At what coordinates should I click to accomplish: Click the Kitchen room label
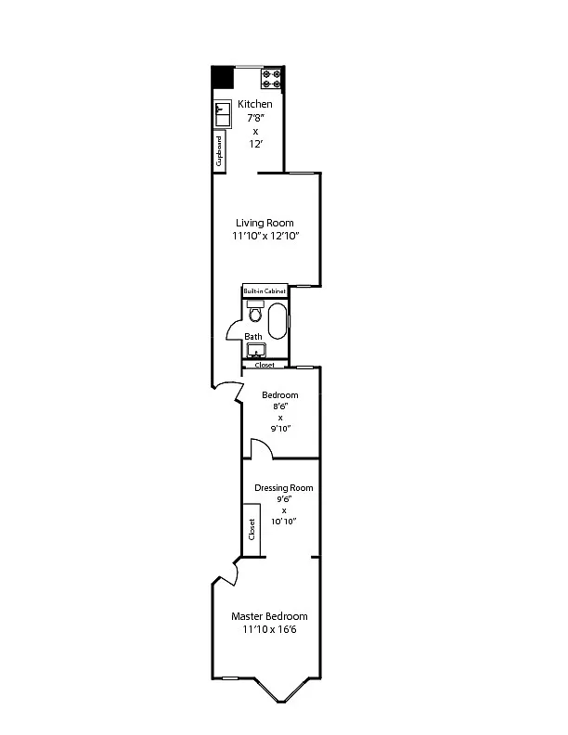[255, 104]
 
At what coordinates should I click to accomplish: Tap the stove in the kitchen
[272, 79]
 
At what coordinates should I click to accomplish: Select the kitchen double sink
[223, 113]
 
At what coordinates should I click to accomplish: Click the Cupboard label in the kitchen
[219, 151]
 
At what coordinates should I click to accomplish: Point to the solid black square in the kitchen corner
[222, 77]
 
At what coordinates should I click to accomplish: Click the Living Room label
[265, 223]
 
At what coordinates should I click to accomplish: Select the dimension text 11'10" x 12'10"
[265, 236]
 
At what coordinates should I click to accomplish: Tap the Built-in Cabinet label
[265, 291]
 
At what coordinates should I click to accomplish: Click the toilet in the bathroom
[255, 312]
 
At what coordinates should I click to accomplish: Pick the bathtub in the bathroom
[277, 321]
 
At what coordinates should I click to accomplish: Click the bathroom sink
[256, 350]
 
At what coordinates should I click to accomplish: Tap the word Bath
[253, 337]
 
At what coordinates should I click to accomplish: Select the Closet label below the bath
[265, 365]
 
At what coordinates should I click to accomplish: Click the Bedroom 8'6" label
[280, 395]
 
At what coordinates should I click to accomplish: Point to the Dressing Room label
[283, 488]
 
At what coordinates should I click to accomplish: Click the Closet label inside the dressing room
[252, 529]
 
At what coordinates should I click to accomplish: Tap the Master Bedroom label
[269, 616]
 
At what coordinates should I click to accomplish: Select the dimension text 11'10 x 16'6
[269, 629]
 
